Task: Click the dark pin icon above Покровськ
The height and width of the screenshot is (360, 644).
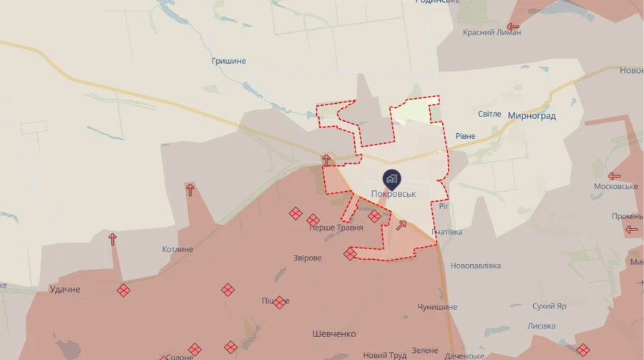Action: (x=391, y=178)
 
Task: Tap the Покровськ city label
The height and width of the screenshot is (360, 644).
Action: (x=394, y=194)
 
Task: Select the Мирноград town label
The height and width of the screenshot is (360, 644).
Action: (x=531, y=115)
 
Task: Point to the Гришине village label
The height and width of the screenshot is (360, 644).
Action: (x=228, y=61)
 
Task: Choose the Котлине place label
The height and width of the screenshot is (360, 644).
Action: (x=177, y=249)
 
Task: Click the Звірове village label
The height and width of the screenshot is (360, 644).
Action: (x=308, y=258)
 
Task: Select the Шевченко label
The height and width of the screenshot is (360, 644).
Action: (x=334, y=334)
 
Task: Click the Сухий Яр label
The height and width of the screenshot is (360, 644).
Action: (x=550, y=306)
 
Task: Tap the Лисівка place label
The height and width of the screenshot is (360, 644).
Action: (x=541, y=326)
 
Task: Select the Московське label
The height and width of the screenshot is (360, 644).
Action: (x=615, y=187)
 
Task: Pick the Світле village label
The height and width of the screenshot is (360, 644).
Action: (x=489, y=114)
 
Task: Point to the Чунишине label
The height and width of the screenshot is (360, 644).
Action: (x=437, y=307)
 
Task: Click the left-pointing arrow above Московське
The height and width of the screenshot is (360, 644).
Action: (x=614, y=176)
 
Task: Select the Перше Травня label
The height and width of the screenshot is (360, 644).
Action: (x=336, y=228)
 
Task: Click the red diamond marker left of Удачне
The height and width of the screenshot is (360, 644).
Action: (x=124, y=290)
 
